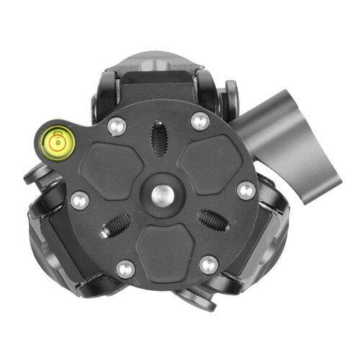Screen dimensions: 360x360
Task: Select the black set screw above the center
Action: coord(156,137)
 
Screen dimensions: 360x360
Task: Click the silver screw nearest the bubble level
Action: coord(112,127)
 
